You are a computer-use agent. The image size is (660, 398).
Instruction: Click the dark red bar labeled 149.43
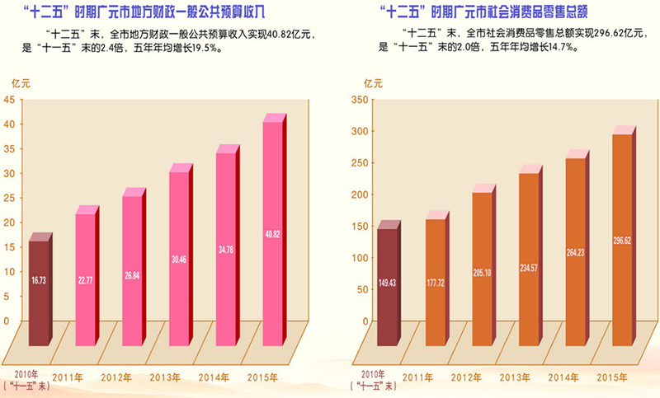coord(386,284)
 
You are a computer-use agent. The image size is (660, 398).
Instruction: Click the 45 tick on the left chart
coord(11,100)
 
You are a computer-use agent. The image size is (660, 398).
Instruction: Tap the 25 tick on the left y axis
coord(11,198)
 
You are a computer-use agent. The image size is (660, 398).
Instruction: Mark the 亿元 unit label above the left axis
coord(19,82)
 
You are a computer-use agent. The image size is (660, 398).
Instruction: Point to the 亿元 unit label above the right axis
coord(375,82)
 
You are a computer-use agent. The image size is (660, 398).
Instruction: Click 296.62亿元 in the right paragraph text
coord(593,34)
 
